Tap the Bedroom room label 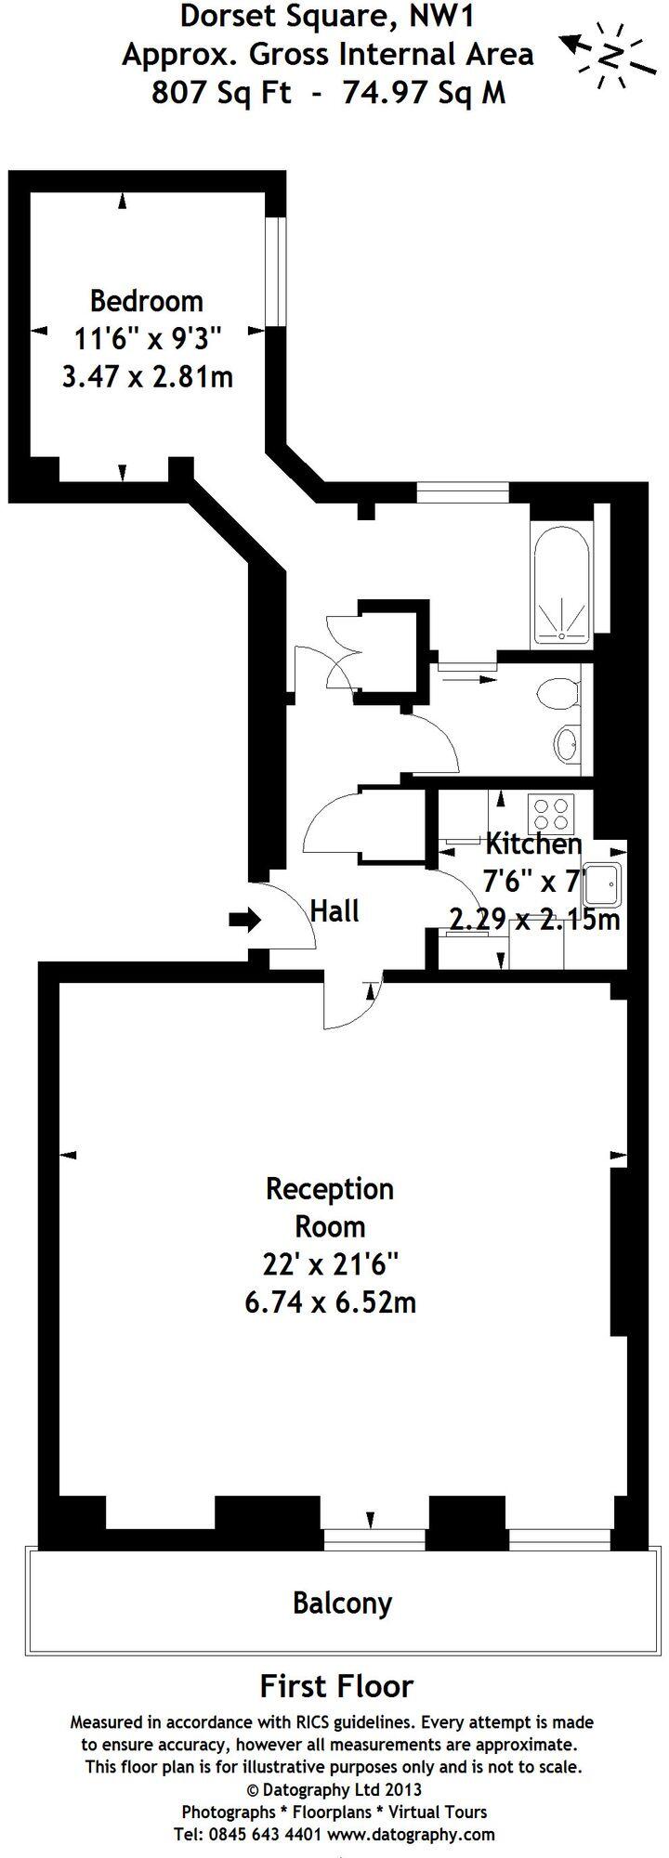(146, 301)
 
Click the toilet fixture (558, 692)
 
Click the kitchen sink (603, 887)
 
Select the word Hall (334, 910)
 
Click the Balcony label (342, 1603)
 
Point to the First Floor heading (336, 1685)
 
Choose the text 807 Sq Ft (221, 93)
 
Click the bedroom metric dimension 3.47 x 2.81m (147, 377)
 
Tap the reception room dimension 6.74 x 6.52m (330, 1302)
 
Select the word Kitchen (533, 844)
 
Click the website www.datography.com (411, 1834)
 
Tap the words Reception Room (330, 1208)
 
